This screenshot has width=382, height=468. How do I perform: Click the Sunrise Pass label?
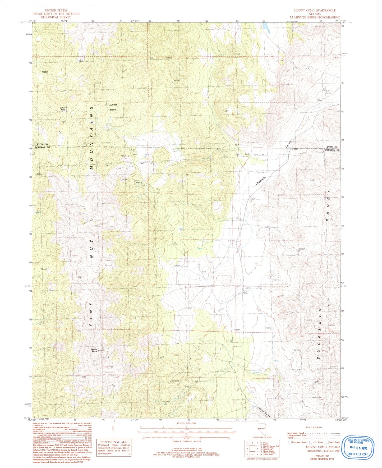[63, 108]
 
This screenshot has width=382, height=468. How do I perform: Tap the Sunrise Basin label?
[113, 107]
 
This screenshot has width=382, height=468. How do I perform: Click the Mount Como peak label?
[95, 350]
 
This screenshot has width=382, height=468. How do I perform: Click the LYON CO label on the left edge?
[42, 144]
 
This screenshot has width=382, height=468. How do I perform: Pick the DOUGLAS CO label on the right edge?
[332, 150]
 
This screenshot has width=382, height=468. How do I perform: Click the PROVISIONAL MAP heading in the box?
[114, 442]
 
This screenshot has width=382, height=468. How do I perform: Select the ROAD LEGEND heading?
[314, 427]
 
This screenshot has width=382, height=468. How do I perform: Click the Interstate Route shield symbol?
[290, 442]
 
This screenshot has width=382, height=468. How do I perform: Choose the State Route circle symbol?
[327, 442]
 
